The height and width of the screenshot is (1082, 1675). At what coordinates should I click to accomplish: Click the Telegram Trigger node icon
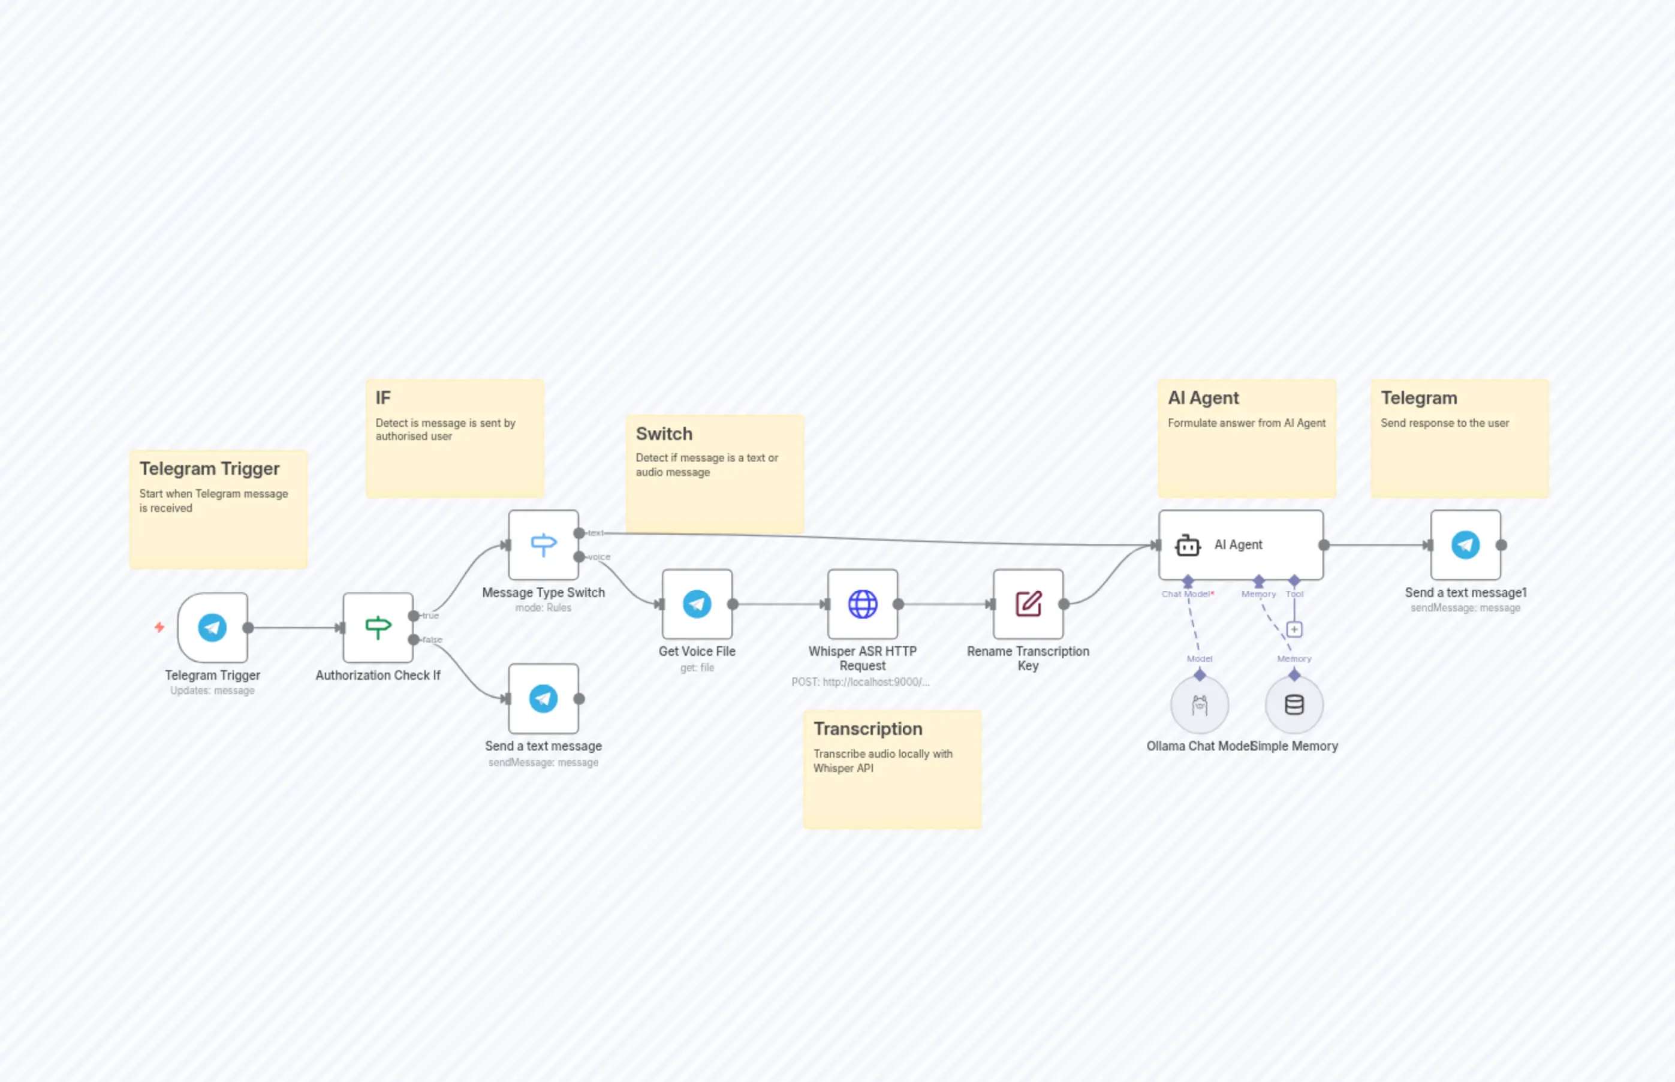[212, 628]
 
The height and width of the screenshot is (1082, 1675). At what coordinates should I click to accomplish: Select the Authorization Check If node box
[378, 628]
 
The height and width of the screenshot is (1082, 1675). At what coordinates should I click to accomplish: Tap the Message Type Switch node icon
[543, 544]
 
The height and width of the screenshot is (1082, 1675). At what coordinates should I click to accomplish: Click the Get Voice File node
[697, 604]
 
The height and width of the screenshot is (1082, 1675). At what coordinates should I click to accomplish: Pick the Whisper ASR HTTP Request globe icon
[862, 604]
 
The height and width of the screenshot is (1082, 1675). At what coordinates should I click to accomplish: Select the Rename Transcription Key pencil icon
[1028, 604]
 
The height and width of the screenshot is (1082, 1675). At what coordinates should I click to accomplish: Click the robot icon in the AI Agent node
[1188, 545]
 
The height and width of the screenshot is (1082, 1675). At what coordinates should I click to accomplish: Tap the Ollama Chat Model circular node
[1200, 705]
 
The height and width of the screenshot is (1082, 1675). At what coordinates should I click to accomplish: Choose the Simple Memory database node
[1294, 705]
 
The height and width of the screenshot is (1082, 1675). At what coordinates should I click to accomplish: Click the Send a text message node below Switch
[543, 699]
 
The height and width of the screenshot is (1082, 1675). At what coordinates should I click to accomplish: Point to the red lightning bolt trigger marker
[159, 626]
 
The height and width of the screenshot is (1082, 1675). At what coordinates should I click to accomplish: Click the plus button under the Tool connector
[1294, 629]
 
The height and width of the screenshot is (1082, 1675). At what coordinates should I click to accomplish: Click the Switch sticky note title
[664, 433]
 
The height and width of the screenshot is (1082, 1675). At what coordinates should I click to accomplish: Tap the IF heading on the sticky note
[383, 397]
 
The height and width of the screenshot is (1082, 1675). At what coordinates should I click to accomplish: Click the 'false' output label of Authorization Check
[433, 640]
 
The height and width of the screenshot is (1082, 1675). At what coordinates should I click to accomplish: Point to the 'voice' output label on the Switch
[599, 557]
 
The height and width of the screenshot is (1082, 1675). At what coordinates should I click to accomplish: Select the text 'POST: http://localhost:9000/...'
[861, 682]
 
